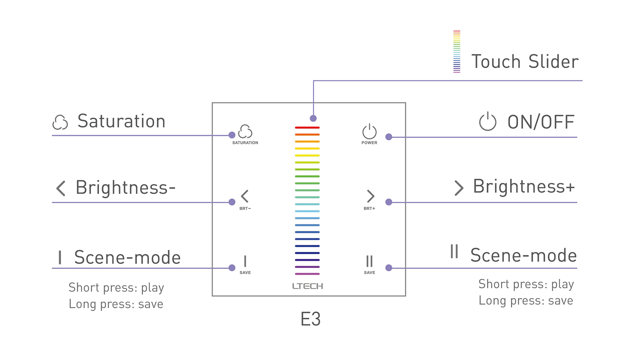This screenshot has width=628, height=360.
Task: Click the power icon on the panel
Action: click(x=369, y=132)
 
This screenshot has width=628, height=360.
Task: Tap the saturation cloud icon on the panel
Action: click(x=245, y=132)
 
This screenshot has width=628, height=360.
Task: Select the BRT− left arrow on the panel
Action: click(x=245, y=196)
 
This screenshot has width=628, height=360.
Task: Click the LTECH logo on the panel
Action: click(x=307, y=286)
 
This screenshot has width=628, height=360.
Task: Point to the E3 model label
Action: click(x=310, y=319)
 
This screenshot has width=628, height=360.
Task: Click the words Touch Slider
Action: click(x=525, y=62)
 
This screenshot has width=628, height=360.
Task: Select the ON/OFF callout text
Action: click(x=541, y=122)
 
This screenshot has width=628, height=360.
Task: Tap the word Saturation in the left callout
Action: click(x=121, y=121)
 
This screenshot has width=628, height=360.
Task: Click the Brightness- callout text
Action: click(x=125, y=188)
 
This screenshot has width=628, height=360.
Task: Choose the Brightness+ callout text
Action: click(x=524, y=186)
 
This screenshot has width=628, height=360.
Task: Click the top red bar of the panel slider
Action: click(x=307, y=128)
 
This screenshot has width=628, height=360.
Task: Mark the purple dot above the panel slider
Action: click(x=313, y=118)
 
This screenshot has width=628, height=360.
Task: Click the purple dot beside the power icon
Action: click(x=389, y=137)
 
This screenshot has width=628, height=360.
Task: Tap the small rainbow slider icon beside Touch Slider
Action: click(x=457, y=52)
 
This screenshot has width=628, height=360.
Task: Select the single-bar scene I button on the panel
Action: click(x=245, y=261)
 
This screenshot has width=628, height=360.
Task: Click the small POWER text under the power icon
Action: click(x=369, y=143)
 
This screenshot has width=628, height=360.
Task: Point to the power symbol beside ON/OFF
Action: click(x=488, y=121)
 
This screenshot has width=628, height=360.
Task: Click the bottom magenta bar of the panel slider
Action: click(x=307, y=274)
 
